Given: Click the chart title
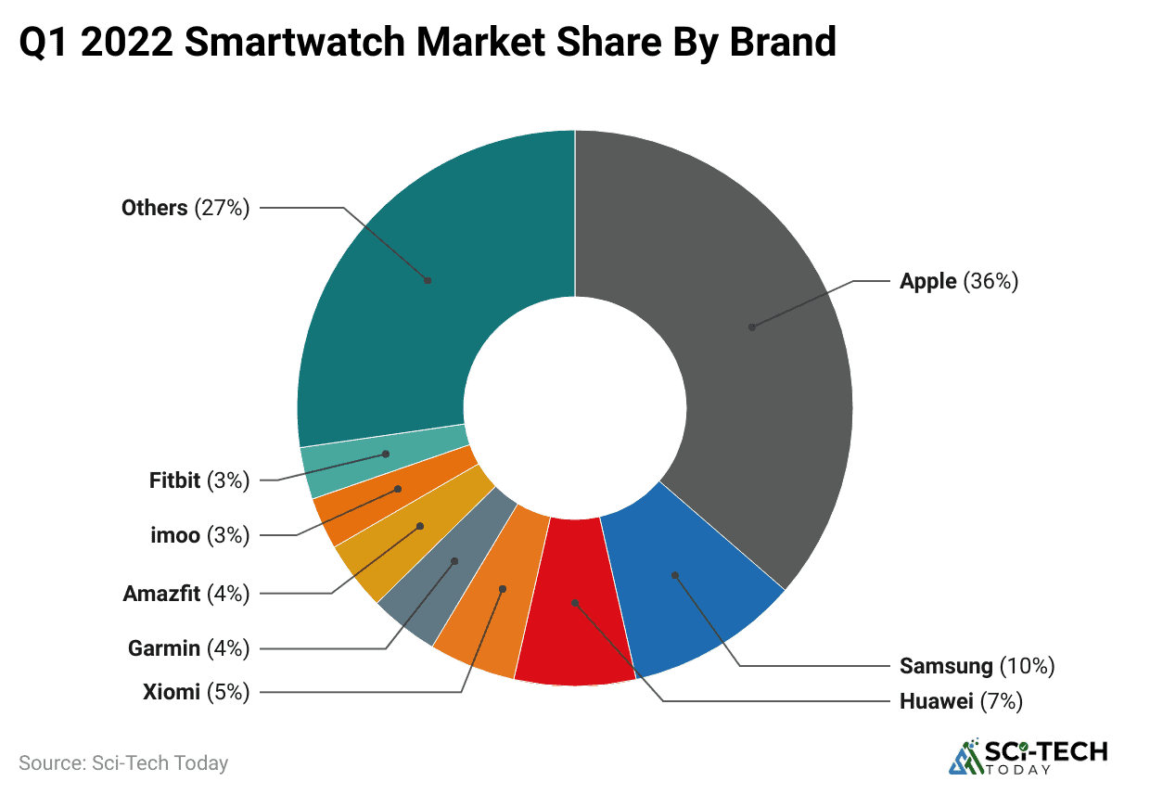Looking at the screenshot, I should pyautogui.click(x=428, y=42).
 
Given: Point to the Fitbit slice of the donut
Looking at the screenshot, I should pyautogui.click(x=382, y=455).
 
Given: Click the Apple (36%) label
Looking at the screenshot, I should pyautogui.click(x=959, y=281).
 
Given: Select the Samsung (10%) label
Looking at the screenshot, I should pyautogui.click(x=977, y=665).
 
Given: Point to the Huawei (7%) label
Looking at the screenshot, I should pyautogui.click(x=961, y=701).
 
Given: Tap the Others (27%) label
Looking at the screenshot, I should pyautogui.click(x=185, y=208).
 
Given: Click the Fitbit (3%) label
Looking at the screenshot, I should pyautogui.click(x=199, y=480).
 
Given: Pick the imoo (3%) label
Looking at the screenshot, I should pyautogui.click(x=199, y=535).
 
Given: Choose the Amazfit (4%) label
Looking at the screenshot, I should pyautogui.click(x=186, y=594).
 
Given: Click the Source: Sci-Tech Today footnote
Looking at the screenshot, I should pyautogui.click(x=123, y=763).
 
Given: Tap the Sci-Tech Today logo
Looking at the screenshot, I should pyautogui.click(x=1028, y=756).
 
